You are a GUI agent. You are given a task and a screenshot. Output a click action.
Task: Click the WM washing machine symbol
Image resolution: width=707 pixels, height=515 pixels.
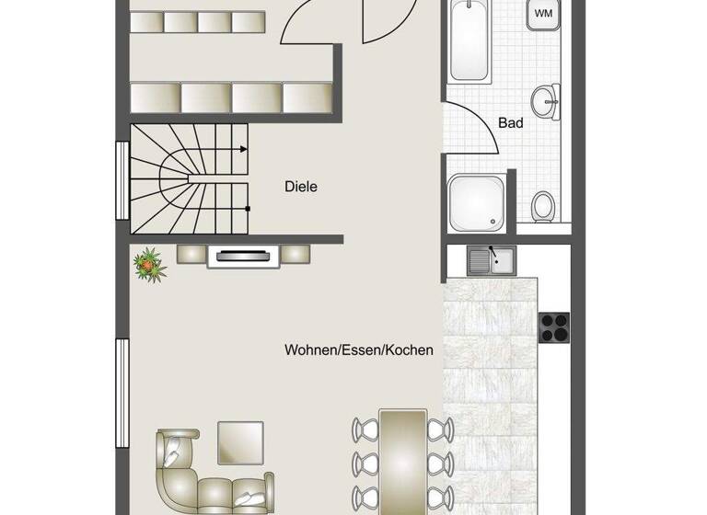point(543,14)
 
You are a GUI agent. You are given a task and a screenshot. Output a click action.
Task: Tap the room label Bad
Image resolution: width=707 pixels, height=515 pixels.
point(511,122)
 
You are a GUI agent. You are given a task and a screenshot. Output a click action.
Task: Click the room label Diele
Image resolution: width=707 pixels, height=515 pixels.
point(301,187)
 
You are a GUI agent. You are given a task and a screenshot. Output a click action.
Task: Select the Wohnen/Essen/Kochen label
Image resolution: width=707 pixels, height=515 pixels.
point(359,350)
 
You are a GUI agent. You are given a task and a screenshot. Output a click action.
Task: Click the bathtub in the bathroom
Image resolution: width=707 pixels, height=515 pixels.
point(471,41)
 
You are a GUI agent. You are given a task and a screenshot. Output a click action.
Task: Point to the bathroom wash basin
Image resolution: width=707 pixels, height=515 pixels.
point(549,101)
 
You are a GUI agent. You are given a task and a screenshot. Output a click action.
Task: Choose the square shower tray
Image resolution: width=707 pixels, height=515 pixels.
point(477,200)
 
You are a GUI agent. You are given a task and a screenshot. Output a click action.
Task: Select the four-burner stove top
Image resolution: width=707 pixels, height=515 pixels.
point(554,326)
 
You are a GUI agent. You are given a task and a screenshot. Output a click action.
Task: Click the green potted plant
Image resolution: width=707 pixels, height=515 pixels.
point(147,264)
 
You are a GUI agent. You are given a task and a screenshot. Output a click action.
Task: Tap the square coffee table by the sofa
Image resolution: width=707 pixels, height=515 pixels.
point(240,442)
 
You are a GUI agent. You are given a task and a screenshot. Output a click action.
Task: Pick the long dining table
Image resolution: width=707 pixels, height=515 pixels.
point(402,460)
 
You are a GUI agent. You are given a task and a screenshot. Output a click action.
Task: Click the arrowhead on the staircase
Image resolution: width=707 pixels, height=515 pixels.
point(244,148)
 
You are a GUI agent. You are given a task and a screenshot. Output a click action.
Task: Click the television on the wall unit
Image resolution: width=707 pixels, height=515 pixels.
point(242,257)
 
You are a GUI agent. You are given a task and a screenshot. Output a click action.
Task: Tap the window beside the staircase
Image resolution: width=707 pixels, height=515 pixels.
point(121,180)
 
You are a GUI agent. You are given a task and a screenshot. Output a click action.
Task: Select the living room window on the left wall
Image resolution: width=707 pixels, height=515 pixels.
point(121,390)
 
